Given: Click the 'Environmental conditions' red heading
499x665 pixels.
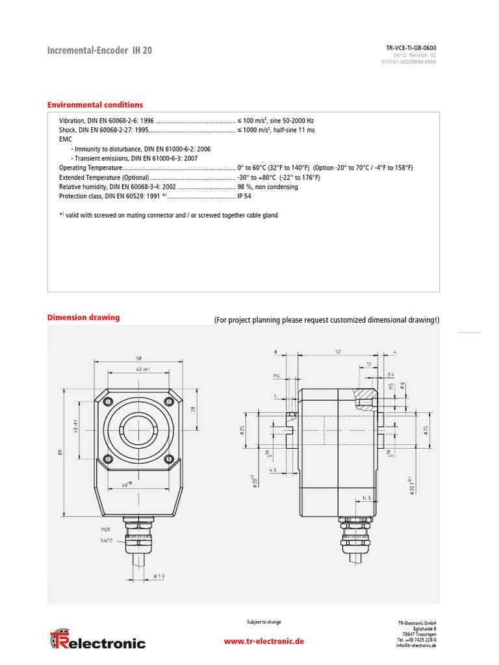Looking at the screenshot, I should pyautogui.click(x=95, y=105).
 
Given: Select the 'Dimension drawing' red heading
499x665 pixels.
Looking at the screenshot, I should pyautogui.click(x=83, y=318).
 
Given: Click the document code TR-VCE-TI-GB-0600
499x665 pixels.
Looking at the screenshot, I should pyautogui.click(x=411, y=48).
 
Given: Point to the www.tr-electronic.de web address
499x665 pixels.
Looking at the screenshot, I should pyautogui.click(x=264, y=641).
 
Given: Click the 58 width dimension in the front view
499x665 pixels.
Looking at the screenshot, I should pyautogui.click(x=138, y=358).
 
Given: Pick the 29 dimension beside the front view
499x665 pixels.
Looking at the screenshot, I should pyautogui.click(x=194, y=409).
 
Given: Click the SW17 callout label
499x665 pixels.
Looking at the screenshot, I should pyautogui.click(x=106, y=540).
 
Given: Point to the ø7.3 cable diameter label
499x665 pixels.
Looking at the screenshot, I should pyautogui.click(x=159, y=576).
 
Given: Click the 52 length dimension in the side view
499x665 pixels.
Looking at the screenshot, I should pyautogui.click(x=338, y=352).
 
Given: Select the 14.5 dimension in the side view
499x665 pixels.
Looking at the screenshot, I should pyautogui.click(x=367, y=497).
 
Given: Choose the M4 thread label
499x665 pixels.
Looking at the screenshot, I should pyautogui.click(x=277, y=375).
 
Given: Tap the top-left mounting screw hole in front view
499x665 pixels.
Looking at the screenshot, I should pyautogui.click(x=108, y=399).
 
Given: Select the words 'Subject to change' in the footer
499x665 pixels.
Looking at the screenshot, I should pyautogui.click(x=264, y=622).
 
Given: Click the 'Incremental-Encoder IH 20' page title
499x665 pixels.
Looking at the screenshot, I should pyautogui.click(x=100, y=51).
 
